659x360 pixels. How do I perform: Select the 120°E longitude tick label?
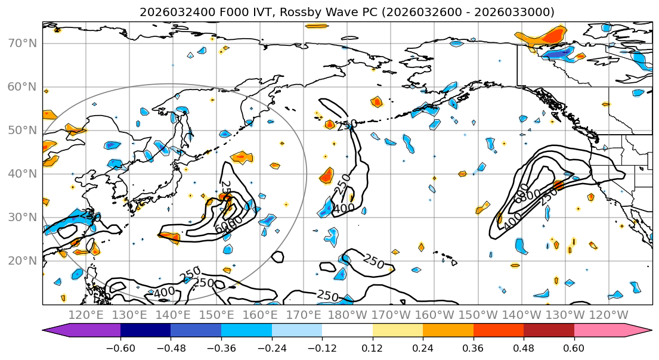[86, 315]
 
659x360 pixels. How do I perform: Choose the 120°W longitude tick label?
[609, 315]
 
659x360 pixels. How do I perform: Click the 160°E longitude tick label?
[261, 315]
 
